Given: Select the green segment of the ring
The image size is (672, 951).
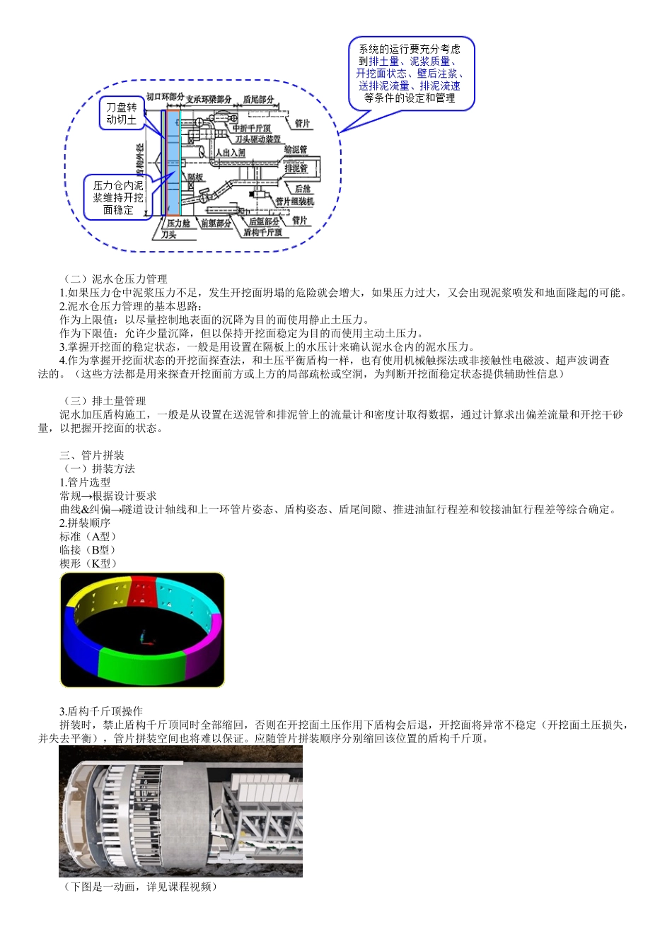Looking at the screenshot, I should (x=142, y=665).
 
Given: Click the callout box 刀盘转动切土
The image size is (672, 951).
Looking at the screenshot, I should (x=122, y=114).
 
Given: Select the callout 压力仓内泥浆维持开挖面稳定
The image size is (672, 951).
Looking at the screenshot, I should (x=118, y=197).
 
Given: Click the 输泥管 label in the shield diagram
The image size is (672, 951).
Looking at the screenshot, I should (x=296, y=150).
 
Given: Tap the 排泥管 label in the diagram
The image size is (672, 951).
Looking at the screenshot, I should (x=296, y=168).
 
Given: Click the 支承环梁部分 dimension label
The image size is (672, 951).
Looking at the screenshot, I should (x=209, y=99).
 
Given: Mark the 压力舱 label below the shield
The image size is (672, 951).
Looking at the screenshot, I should (x=178, y=223).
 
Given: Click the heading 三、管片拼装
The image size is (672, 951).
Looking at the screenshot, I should (x=92, y=455).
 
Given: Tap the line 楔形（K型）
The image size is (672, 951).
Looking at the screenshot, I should (x=88, y=564).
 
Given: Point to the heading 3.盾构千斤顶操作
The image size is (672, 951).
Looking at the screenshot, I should (x=101, y=711).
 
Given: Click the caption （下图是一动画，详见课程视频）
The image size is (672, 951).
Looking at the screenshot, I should (x=140, y=887).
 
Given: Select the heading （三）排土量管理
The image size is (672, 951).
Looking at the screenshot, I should (x=105, y=401).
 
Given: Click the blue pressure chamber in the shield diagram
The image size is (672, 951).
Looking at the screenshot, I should (x=173, y=163).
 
